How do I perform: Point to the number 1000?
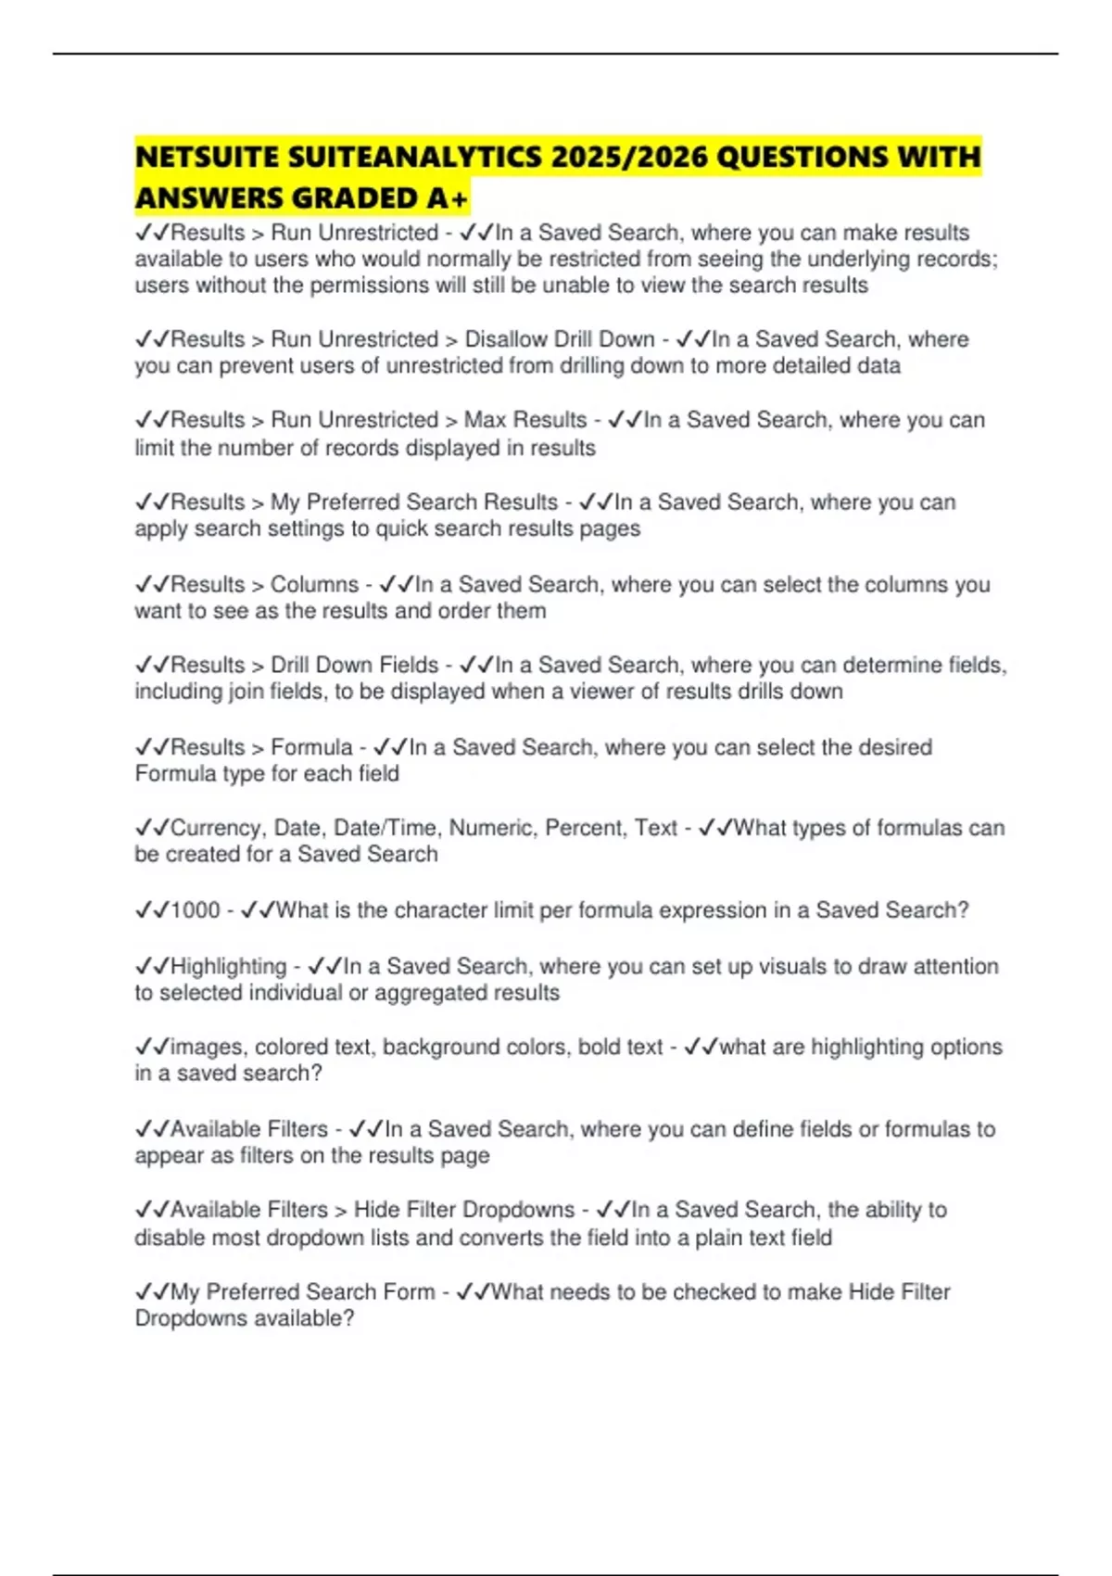(196, 909)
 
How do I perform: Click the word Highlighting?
(229, 966)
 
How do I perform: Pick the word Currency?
(218, 827)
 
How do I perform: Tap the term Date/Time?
(386, 827)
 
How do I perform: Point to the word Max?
(484, 420)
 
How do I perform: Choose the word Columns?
(314, 584)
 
